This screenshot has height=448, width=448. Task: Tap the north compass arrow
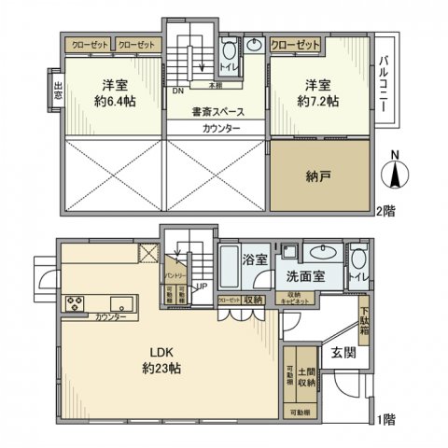pos(395,174)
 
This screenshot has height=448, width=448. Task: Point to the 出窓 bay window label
pos(58,91)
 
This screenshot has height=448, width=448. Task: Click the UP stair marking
pos(202,287)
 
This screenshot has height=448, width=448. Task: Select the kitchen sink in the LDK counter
pos(121,302)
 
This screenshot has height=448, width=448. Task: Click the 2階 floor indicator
pos(386,211)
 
